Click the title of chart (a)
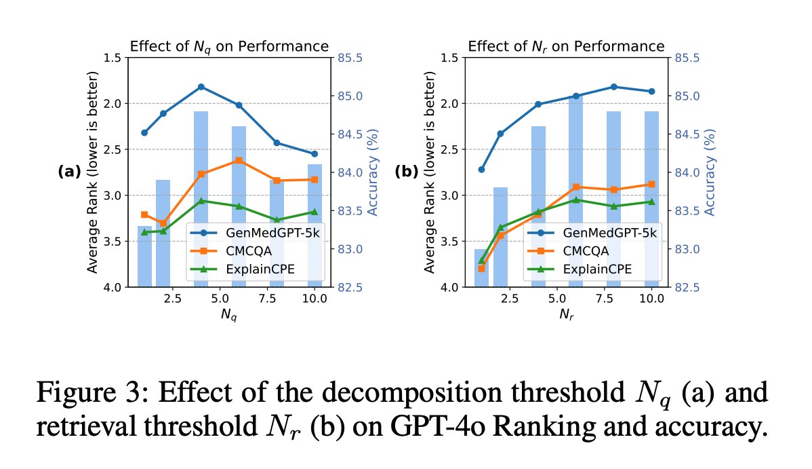click(x=229, y=47)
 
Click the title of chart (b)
click(x=566, y=47)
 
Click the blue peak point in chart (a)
click(x=201, y=87)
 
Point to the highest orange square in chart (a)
click(x=239, y=160)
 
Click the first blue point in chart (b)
click(x=481, y=169)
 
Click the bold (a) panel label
click(x=69, y=172)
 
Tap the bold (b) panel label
click(x=407, y=172)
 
